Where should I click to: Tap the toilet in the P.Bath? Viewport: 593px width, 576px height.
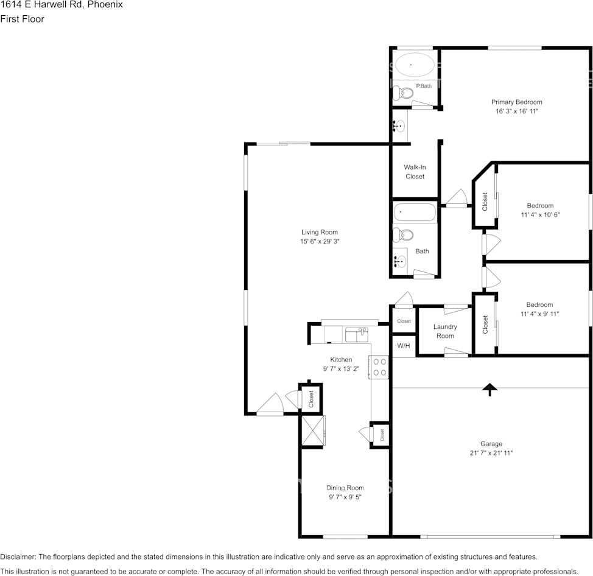(x=402, y=93)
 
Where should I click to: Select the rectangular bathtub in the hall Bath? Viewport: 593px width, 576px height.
(x=415, y=212)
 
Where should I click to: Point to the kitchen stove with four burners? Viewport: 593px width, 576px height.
(x=379, y=367)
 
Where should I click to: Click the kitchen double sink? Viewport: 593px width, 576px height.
(x=356, y=335)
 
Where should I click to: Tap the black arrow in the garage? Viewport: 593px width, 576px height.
(x=490, y=390)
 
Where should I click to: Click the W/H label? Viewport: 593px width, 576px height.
(x=404, y=346)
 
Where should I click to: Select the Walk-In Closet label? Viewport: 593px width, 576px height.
(x=415, y=172)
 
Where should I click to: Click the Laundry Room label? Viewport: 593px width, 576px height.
(x=445, y=331)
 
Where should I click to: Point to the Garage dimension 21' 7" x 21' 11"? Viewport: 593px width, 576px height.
(x=491, y=453)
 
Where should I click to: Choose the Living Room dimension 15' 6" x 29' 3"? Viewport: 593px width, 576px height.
(x=320, y=241)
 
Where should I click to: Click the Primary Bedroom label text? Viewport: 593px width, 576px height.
(x=517, y=102)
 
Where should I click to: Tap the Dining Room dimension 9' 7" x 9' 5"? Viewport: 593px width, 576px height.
(x=345, y=497)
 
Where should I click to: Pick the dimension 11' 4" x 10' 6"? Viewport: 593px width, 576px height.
(x=540, y=214)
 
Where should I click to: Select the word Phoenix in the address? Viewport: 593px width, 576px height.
(x=105, y=5)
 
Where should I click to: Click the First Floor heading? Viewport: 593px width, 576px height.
(x=23, y=19)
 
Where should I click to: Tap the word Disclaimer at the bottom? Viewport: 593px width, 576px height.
(x=18, y=557)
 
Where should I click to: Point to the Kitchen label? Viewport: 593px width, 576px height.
(x=341, y=359)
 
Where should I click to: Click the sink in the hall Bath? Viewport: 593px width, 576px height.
(x=400, y=261)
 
